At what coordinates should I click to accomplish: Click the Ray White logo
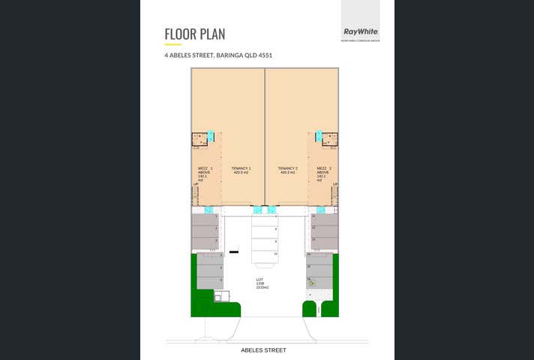[x=360, y=31]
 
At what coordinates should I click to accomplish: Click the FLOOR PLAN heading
[x=195, y=34]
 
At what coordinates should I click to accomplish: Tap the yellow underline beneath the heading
[x=172, y=45]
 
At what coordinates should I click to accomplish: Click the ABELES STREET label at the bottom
[x=263, y=350]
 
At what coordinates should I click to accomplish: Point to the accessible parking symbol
[x=312, y=283]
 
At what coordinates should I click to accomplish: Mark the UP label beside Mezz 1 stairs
[x=196, y=184]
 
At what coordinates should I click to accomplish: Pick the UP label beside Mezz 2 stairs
[x=334, y=184]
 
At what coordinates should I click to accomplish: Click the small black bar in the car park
[x=233, y=250]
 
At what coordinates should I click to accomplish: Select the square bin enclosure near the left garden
[x=219, y=297]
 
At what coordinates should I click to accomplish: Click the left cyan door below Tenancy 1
[x=257, y=209]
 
